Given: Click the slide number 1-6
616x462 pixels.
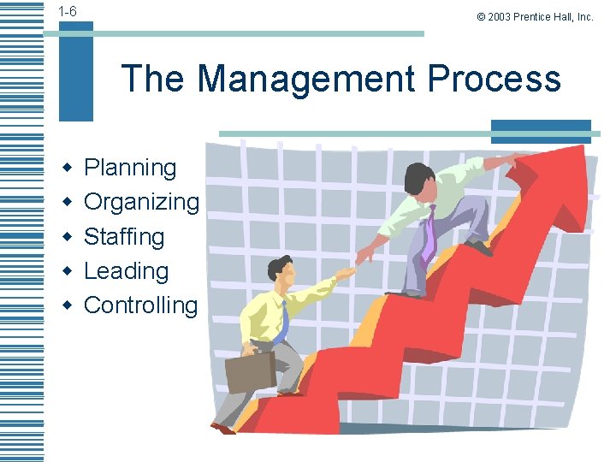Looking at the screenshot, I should point(68,11).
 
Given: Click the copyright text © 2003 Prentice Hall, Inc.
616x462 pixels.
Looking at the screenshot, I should point(530,16).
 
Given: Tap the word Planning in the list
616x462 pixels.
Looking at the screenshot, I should point(130,168).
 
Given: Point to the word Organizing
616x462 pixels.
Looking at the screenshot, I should point(141,202).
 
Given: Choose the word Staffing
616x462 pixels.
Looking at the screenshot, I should point(124,236).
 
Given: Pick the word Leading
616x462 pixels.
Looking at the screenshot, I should point(126,270).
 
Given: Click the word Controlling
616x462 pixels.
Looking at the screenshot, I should point(140,305).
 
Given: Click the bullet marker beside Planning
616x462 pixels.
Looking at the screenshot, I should point(66,168).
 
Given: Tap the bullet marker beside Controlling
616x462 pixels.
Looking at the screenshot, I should point(66,305).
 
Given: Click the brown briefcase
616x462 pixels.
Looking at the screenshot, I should point(250,370).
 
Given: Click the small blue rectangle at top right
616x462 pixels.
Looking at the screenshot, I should point(541,131).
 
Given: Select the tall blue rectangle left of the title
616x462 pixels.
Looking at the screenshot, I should point(76,73).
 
